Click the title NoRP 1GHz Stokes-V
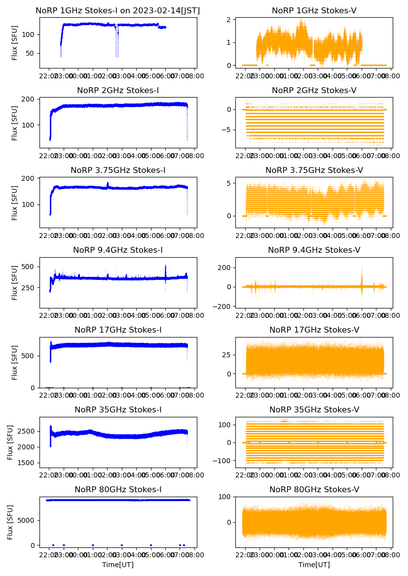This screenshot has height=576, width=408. point(314,11)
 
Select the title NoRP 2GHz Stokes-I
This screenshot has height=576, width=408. point(118,91)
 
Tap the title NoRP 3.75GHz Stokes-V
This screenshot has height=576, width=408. point(314,170)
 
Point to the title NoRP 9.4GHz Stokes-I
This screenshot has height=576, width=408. point(118,250)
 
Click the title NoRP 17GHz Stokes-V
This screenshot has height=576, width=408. point(314,330)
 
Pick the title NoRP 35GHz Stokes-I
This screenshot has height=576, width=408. point(118,410)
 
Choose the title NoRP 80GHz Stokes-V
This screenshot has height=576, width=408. point(314,490)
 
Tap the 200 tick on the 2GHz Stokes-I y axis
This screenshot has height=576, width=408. point(29,99)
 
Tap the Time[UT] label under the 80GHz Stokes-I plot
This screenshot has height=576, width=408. point(118,565)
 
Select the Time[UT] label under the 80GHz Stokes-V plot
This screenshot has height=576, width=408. point(314,565)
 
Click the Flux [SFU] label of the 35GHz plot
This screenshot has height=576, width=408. point(11,442)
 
